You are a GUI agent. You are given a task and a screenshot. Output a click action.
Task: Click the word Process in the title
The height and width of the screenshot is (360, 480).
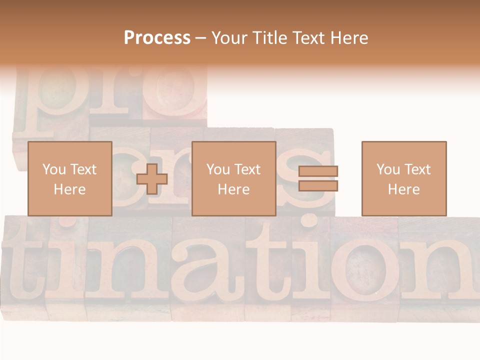pos(157,38)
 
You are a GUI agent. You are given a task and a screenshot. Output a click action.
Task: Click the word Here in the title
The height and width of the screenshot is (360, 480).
pos(348,38)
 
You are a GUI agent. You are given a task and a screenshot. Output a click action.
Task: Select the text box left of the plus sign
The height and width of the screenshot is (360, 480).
pos(69,178)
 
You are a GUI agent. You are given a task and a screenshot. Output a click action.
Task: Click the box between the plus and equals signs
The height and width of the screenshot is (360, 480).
pos(233,178)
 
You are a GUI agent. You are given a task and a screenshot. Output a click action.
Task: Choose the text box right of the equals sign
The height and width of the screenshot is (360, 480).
pos(403,178)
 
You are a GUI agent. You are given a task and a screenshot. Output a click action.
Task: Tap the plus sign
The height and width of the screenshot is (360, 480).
pos(152,178)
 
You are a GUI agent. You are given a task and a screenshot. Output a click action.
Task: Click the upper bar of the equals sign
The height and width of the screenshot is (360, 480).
pos(318,171)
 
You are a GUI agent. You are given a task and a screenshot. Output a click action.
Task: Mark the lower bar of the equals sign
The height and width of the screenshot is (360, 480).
pos(318,185)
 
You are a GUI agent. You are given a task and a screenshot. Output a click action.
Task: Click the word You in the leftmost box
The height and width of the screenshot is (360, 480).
pos(53,169)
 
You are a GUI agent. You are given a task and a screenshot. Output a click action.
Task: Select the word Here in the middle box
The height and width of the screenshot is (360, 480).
pos(233,189)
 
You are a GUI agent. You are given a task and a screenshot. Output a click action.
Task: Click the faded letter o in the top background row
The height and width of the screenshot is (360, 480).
pos(175,92)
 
